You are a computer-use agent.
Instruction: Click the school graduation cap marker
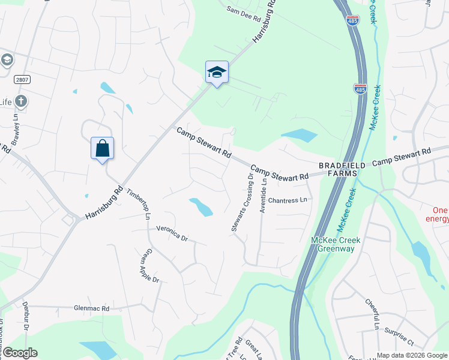coord(217,73)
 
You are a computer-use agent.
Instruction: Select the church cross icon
coord(21,100)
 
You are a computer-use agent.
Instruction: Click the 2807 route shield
coord(22,79)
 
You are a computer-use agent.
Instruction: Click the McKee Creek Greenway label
coord(336,245)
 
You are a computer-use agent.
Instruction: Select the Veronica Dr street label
coord(172,233)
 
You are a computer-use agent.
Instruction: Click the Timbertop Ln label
coord(137,203)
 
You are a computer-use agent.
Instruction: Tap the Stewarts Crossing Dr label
coord(243,201)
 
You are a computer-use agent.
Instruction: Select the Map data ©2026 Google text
coord(411,355)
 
